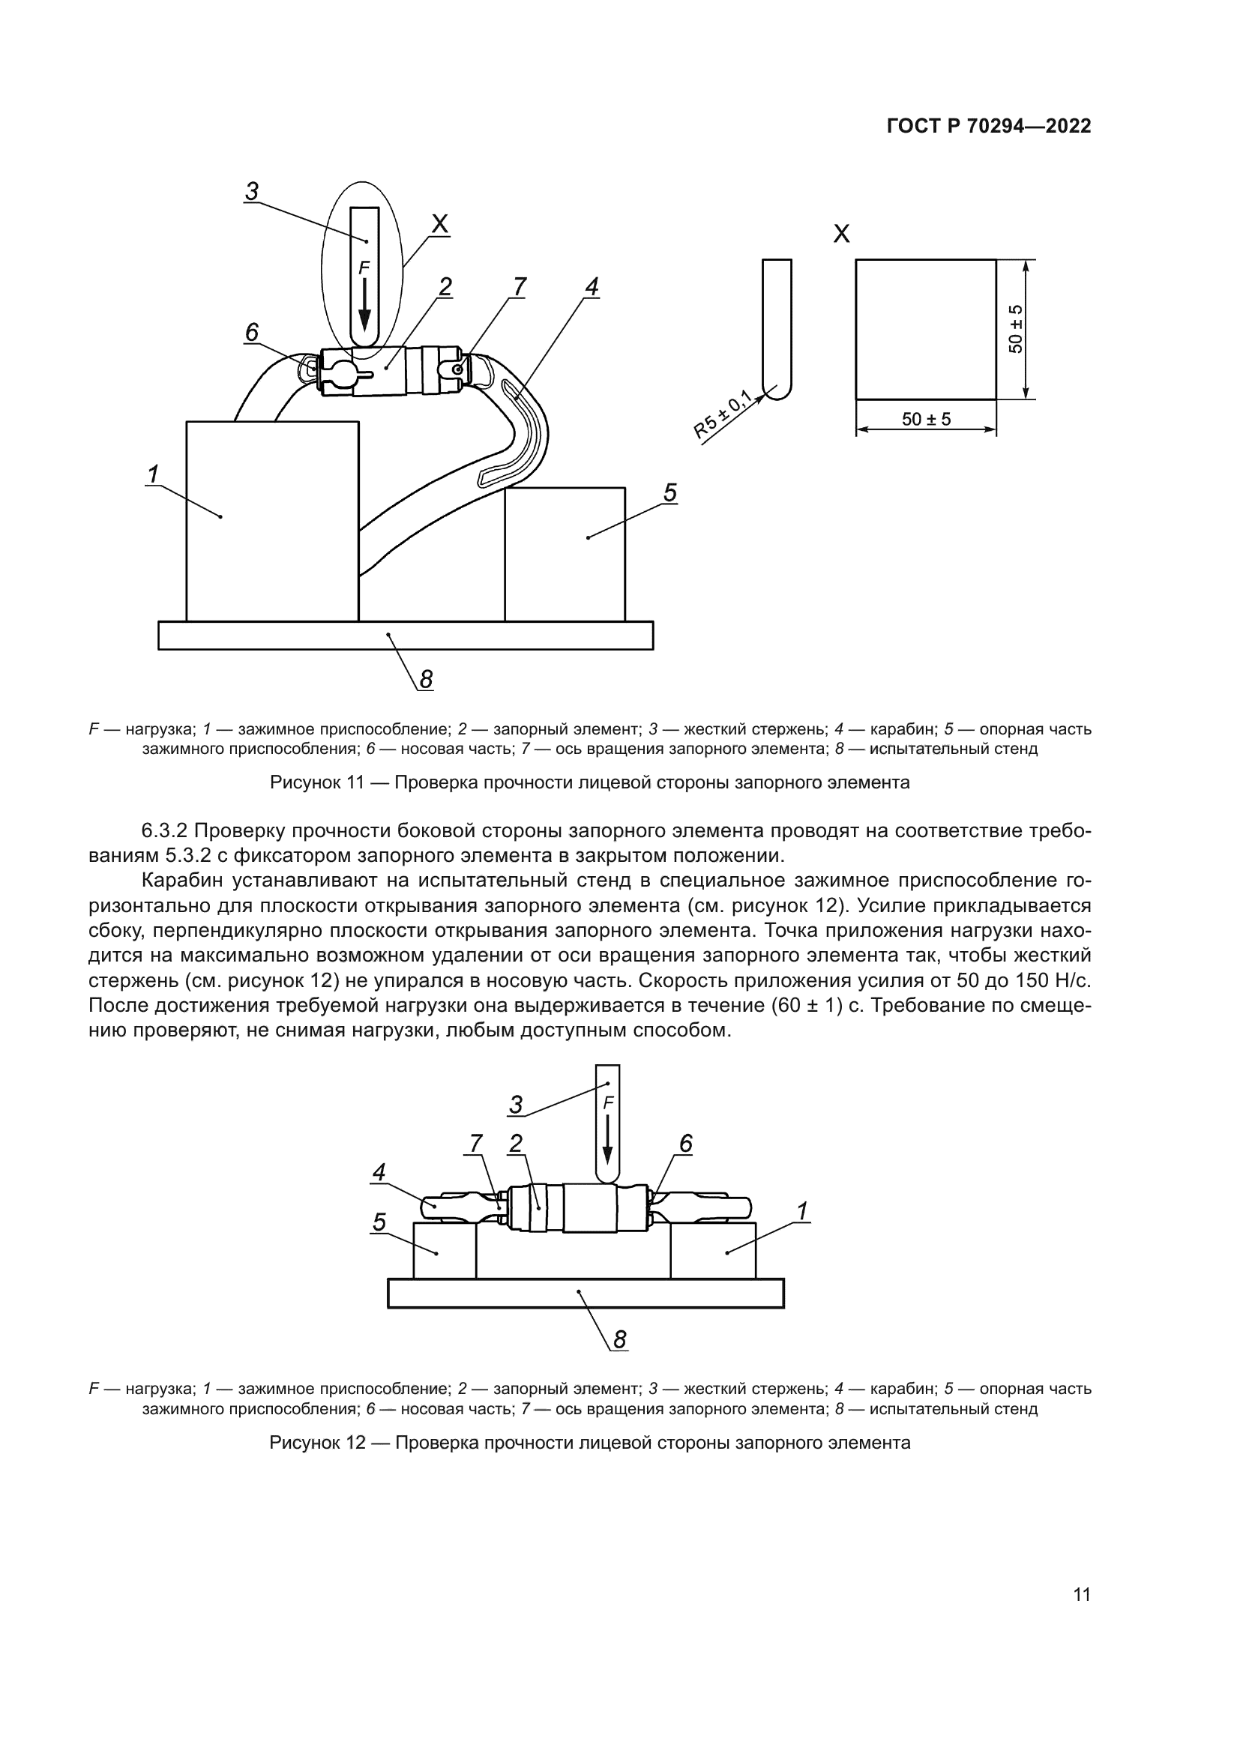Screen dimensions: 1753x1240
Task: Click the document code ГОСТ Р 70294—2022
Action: pos(988,126)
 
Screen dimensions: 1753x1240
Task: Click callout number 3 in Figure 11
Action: pos(252,191)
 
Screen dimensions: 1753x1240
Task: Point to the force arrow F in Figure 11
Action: pos(365,301)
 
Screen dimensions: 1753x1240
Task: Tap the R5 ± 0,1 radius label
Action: pos(722,414)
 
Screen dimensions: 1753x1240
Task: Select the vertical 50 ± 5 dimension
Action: pos(1016,329)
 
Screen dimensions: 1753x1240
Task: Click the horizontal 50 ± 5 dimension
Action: pos(926,419)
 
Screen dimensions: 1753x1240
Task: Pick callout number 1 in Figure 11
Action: pos(153,474)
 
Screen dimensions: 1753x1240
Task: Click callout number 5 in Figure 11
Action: pos(669,493)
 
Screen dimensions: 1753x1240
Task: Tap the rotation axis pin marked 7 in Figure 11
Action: pos(457,369)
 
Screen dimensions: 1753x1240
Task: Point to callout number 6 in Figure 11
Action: pos(251,333)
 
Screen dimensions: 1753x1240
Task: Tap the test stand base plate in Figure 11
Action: pos(406,636)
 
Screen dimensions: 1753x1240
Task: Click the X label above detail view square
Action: pos(841,234)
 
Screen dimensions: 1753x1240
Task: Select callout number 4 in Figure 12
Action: pos(379,1172)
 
